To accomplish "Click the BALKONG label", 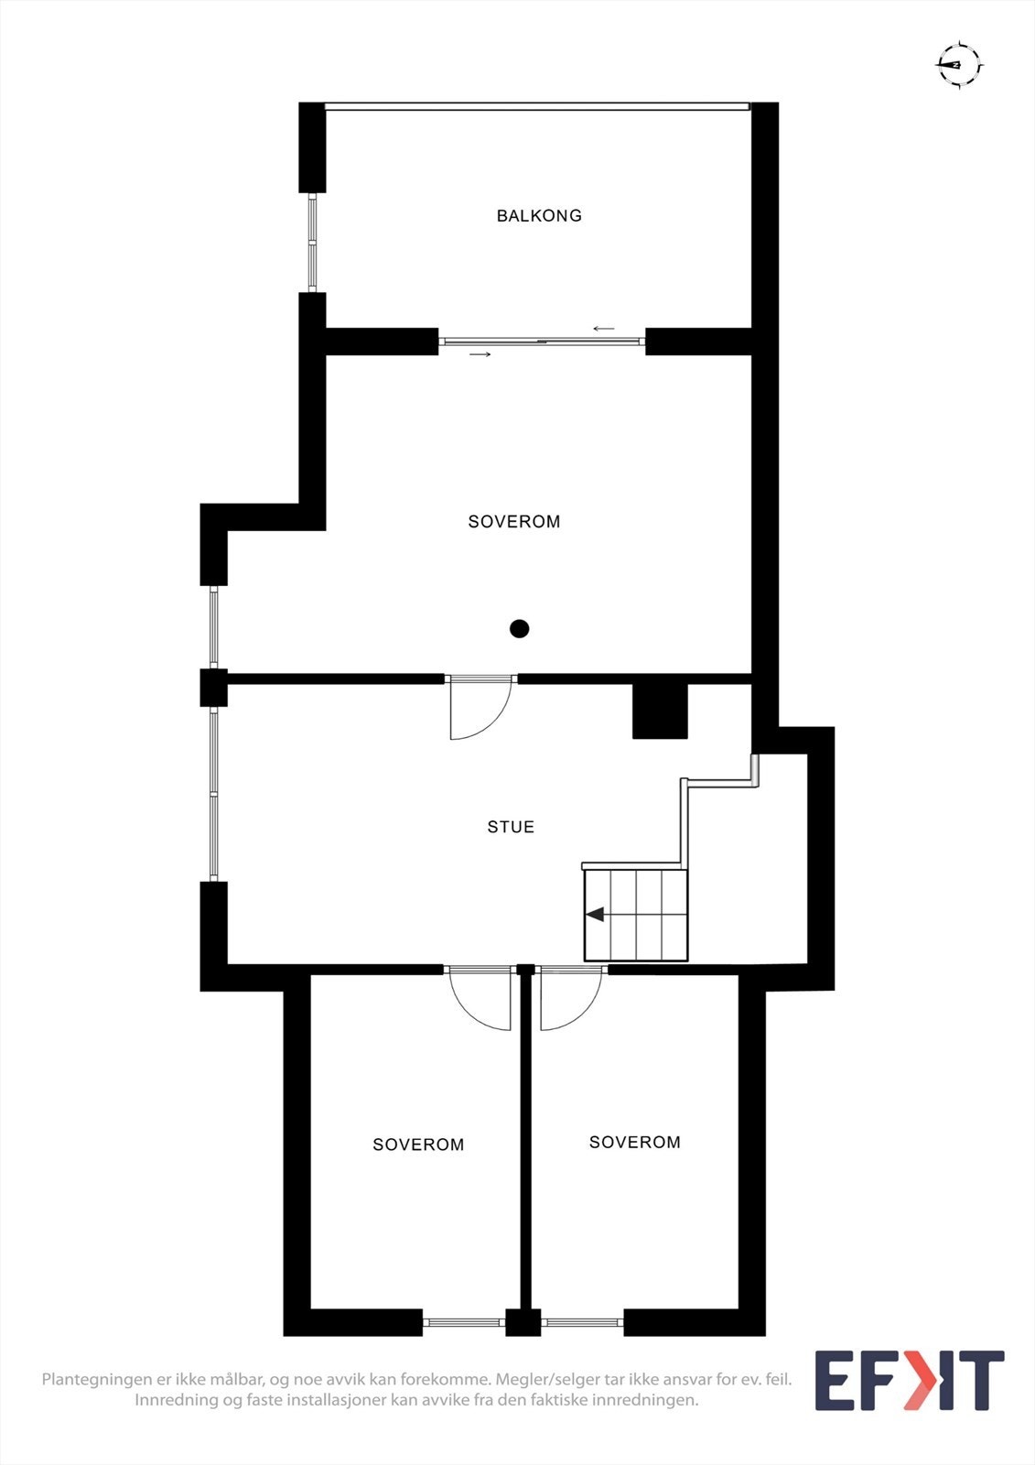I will pos(539,216).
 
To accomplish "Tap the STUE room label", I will pos(511,827).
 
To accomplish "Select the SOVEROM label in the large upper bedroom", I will pos(514,522).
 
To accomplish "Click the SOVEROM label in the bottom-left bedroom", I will pos(418,1145).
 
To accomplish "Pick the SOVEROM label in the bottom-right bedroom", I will pos(635,1143).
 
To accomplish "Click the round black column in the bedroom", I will pos(520,629).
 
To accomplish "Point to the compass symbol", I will pos(959,65).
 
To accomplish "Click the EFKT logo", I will pos(909,1381).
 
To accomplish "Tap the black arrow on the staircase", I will pos(596,914).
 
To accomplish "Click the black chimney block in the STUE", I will pos(660,711).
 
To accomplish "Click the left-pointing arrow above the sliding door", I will pos(604,329).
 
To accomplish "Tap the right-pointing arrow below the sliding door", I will pos(480,354).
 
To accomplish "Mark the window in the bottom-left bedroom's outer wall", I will pos(464,1321).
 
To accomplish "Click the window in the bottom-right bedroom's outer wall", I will pos(583,1321).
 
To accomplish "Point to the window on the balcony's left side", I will pos(312,243).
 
